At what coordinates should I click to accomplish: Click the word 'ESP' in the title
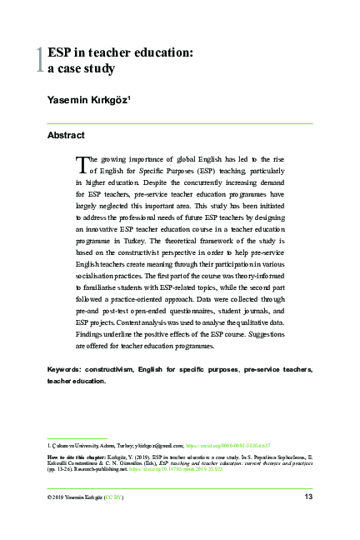pyautogui.click(x=61, y=52)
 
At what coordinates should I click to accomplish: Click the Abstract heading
pyautogui.click(x=66, y=135)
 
